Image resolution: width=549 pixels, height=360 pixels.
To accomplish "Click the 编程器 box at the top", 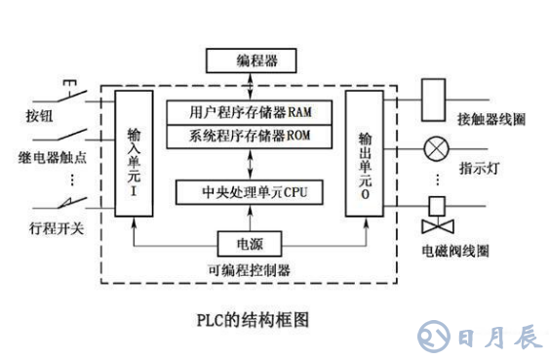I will tap(257, 61).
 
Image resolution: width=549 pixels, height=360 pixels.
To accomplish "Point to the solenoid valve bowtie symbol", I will tap(434, 227).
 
